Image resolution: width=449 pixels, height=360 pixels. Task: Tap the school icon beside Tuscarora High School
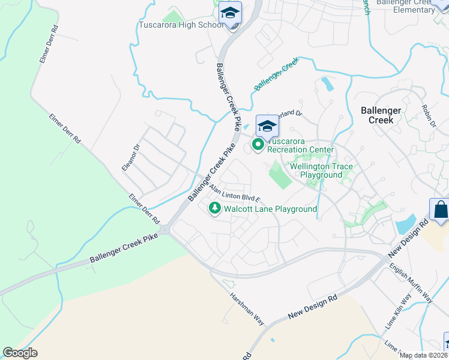230,13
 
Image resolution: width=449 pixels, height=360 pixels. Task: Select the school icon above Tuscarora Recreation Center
267,126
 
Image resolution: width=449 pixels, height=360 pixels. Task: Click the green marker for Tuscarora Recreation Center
259,145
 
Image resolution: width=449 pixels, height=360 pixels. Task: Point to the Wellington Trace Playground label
321,170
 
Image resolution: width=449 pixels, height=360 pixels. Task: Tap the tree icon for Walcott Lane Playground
214,208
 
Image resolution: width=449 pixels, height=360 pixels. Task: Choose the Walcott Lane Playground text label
270,209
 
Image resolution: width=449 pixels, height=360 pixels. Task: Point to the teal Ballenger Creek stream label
276,74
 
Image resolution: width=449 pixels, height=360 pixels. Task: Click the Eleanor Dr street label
130,157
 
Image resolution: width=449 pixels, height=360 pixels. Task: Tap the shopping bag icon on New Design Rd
440,210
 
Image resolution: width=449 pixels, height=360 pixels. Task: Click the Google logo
20,353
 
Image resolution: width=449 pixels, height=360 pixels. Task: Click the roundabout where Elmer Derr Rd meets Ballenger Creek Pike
164,230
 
